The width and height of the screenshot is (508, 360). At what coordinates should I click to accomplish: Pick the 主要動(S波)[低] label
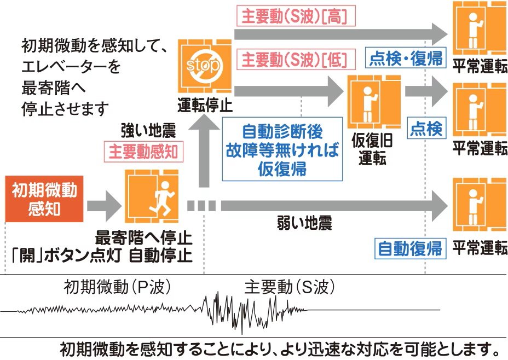coord(295,58)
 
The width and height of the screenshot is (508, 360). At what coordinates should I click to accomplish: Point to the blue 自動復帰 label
coord(411,249)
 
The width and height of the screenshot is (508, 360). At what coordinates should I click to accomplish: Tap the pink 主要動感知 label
coord(143,152)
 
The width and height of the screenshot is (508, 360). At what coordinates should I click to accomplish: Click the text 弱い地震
coord(304,223)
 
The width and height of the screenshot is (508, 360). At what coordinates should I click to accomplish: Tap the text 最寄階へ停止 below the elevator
coord(144,239)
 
